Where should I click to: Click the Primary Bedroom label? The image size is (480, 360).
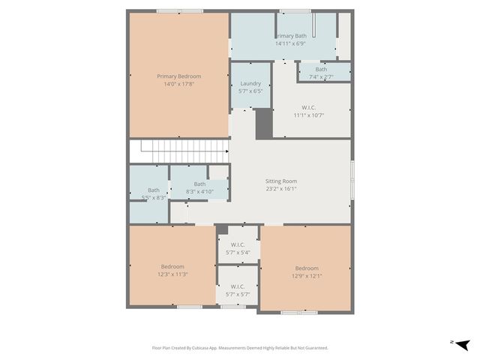point(178,76)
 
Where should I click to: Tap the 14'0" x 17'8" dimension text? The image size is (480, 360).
point(178,84)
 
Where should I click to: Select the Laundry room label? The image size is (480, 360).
point(250,83)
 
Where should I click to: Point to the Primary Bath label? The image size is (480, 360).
point(291,35)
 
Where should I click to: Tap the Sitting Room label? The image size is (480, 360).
point(281,181)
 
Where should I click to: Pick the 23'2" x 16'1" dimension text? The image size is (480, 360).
point(281,189)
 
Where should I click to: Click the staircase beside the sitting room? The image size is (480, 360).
point(178,150)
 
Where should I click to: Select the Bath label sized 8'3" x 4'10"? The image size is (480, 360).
point(199,184)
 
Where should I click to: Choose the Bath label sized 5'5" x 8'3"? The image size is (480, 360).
point(153,190)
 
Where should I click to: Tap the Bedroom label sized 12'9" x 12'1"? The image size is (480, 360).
point(306,268)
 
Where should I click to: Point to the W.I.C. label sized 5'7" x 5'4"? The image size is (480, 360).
point(238,244)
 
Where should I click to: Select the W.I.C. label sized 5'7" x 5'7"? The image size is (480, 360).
point(238,286)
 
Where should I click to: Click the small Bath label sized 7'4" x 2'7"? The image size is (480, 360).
point(321,69)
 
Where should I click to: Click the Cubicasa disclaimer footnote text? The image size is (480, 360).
point(240,348)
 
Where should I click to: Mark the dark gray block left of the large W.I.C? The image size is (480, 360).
point(264,124)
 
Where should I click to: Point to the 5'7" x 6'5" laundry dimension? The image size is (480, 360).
point(250,91)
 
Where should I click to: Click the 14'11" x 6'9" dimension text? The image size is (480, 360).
point(291,43)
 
